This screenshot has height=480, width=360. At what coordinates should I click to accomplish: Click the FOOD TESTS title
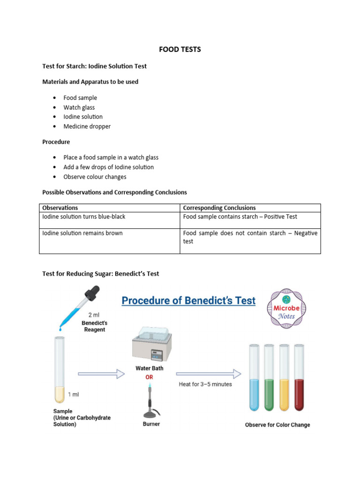point(180,49)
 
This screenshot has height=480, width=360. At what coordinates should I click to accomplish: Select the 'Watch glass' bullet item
point(79,107)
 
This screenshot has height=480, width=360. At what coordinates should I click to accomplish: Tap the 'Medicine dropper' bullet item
point(87,127)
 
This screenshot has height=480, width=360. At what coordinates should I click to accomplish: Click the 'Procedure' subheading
point(56,142)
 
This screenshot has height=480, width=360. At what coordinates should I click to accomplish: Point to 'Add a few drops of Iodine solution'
point(109,167)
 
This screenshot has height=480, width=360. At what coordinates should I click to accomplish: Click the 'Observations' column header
point(60,208)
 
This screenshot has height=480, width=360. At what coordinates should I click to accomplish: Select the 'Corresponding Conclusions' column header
point(219,208)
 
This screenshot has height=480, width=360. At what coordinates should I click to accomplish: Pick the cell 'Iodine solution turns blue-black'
point(84,217)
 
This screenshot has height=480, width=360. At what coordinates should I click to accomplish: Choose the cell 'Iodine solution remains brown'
point(82,233)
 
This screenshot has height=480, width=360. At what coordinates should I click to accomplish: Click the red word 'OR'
point(150,377)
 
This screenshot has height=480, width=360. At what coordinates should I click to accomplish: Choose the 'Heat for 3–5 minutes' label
point(205,384)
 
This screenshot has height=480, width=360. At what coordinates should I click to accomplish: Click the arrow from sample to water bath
point(101,374)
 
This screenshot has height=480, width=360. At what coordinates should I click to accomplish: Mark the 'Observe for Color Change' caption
point(277,425)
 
